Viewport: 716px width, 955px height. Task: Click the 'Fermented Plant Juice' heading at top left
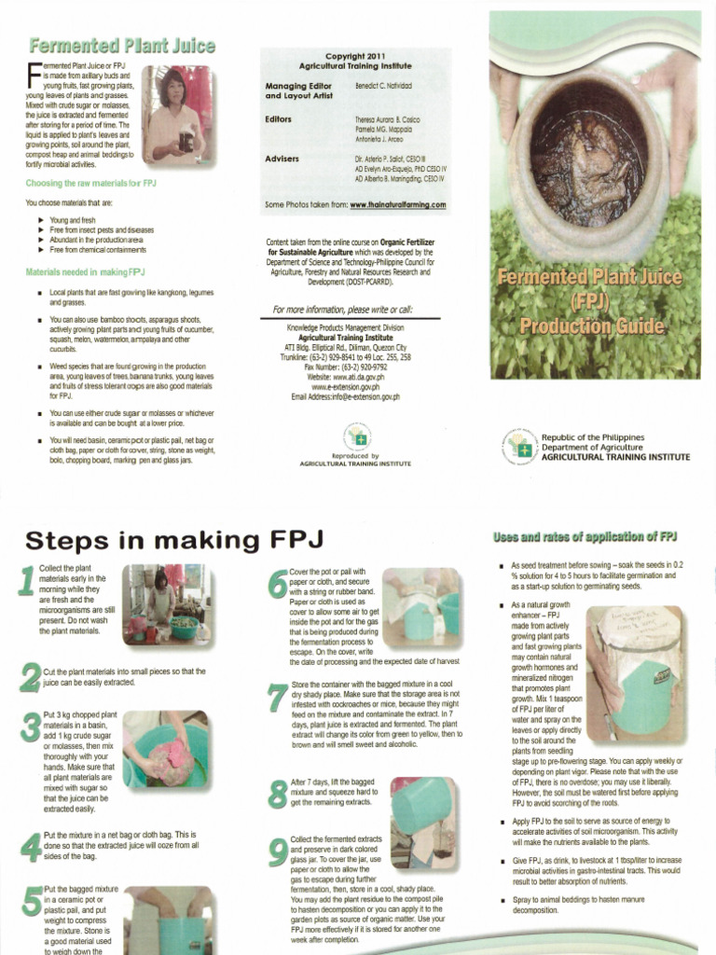121,45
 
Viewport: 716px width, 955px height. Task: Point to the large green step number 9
277,855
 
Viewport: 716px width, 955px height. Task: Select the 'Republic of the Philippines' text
592,436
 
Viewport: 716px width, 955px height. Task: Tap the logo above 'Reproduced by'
358,436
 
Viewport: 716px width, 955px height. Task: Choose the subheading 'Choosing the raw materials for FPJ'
90,184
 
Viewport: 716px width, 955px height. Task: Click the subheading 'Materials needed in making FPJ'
84,271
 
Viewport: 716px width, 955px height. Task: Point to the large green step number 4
28,847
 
